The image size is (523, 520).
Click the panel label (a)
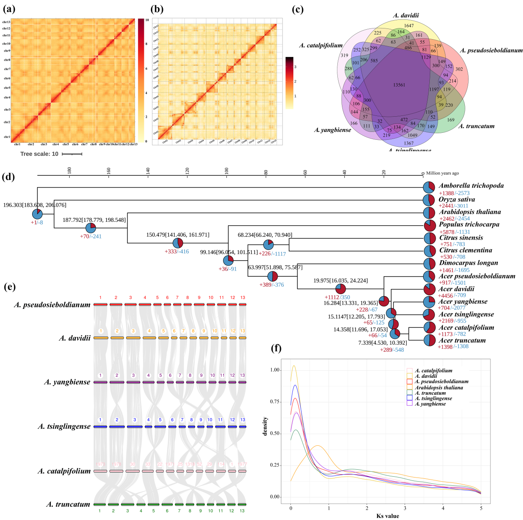pyautogui.click(x=9, y=9)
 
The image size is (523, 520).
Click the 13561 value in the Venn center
pyautogui.click(x=399, y=85)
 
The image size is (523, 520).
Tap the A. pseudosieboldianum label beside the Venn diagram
pyautogui.click(x=491, y=51)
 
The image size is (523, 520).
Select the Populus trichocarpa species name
pyautogui.click(x=469, y=225)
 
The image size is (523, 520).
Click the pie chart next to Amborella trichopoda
pyautogui.click(x=429, y=187)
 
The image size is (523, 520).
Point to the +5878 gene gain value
pyautogui.click(x=447, y=232)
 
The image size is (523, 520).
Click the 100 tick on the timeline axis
pyautogui.click(x=226, y=170)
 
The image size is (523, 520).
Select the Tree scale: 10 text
pyautogui.click(x=40, y=154)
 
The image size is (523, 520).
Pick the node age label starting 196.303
pyautogui.click(x=35, y=205)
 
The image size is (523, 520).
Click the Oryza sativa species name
pyautogui.click(x=457, y=200)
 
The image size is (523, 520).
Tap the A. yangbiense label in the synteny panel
pyautogui.click(x=67, y=382)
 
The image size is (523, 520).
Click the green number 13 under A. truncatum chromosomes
pyautogui.click(x=242, y=511)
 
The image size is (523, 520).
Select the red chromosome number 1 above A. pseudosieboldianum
pyautogui.click(x=100, y=297)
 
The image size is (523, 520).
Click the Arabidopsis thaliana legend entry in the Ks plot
pyautogui.click(x=439, y=388)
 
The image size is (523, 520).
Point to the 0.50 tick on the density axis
pyautogui.click(x=274, y=434)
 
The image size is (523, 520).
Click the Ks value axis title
pyautogui.click(x=388, y=516)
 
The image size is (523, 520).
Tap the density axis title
pyautogui.click(x=265, y=426)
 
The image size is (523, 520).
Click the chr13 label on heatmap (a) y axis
pyautogui.click(x=6, y=22)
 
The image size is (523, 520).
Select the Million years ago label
pyautogui.click(x=442, y=173)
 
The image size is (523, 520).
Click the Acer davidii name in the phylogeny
pyautogui.click(x=456, y=289)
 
